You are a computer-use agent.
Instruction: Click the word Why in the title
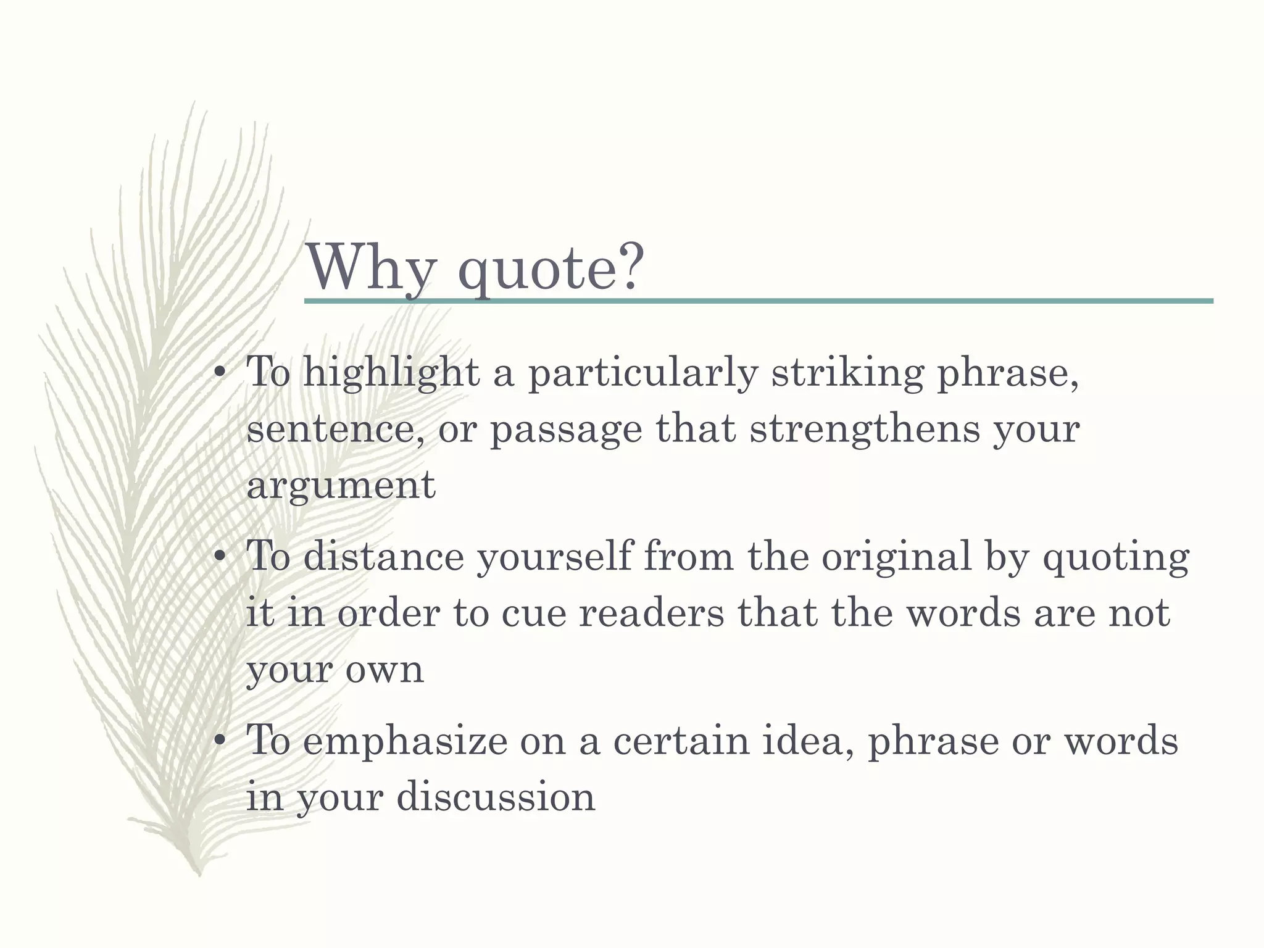tap(370, 268)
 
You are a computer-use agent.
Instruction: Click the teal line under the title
tap(758, 301)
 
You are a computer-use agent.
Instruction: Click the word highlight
tap(391, 374)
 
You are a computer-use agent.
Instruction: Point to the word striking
tap(847, 374)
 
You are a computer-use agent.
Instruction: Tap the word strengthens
tap(864, 429)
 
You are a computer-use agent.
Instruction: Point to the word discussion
tap(496, 796)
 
